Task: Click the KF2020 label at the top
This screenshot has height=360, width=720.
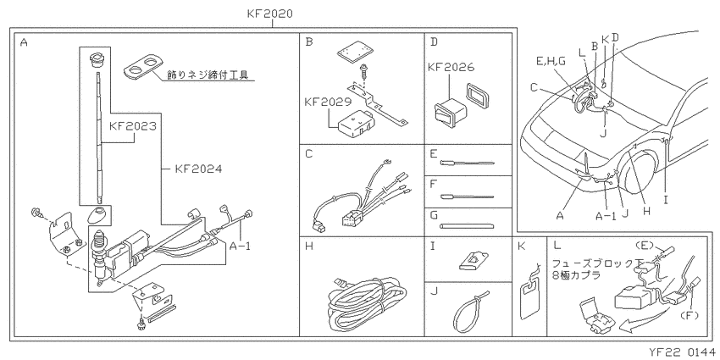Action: coord(269,14)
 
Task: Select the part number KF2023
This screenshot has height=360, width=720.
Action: coord(133,126)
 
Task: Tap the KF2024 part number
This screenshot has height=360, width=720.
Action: coord(198,169)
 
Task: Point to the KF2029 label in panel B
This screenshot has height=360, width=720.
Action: coord(328,102)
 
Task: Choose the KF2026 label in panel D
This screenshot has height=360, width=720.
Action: coord(451,67)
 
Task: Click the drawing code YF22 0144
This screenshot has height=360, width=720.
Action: coord(684,352)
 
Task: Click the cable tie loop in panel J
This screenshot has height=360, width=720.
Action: coord(469,312)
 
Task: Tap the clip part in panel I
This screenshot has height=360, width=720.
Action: coord(474,262)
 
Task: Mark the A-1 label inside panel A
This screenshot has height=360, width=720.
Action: coord(239,246)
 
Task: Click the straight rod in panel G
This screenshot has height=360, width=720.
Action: coord(468,225)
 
